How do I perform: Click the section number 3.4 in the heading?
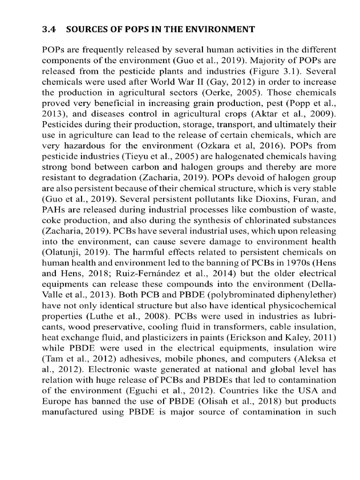(x=49, y=30)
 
